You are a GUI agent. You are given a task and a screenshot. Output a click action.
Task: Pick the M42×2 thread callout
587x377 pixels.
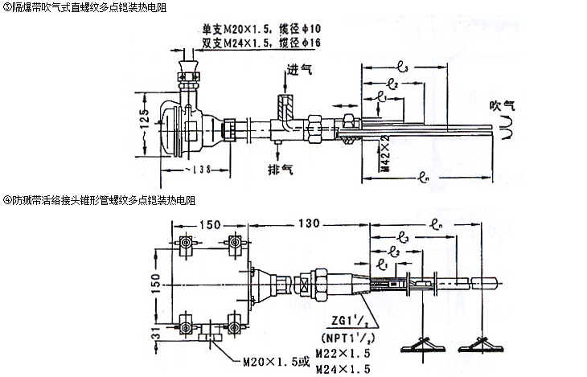click(384, 156)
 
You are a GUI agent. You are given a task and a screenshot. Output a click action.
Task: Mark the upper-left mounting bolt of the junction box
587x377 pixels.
click(186, 244)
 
